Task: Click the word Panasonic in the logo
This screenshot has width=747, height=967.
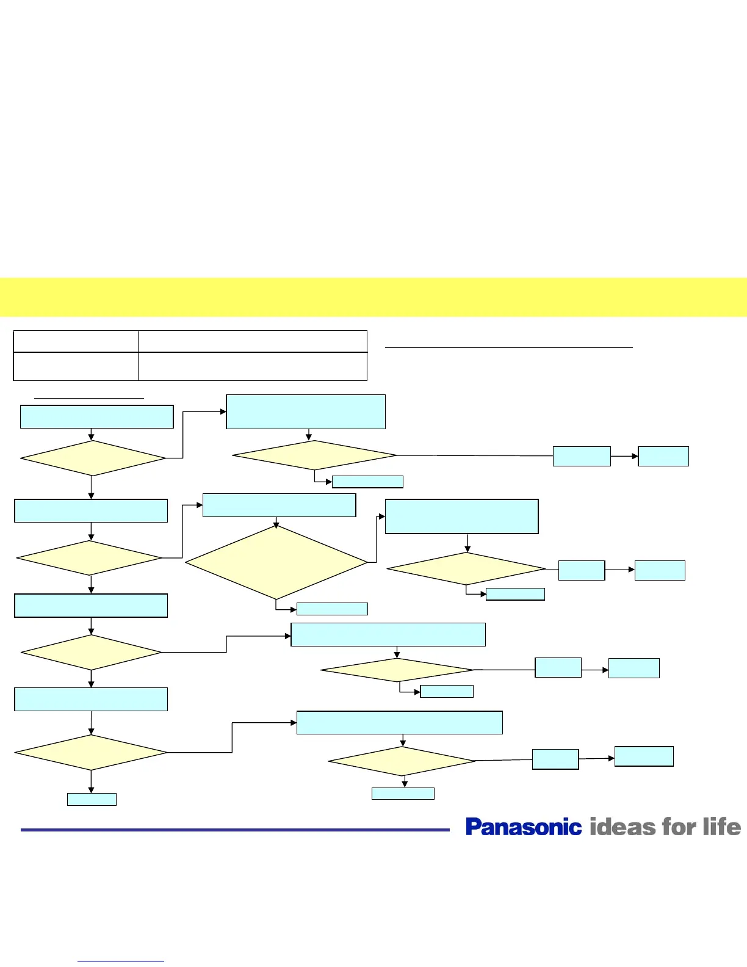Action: (x=523, y=827)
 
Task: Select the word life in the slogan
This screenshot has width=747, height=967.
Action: (x=721, y=827)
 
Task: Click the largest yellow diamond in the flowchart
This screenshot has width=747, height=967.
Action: (x=276, y=562)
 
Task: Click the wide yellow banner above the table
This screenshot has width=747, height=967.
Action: (x=374, y=297)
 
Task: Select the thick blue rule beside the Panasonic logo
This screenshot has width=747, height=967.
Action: (x=235, y=830)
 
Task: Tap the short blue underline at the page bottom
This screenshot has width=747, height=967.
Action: (x=121, y=962)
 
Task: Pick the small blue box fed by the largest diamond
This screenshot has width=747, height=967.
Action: (x=332, y=609)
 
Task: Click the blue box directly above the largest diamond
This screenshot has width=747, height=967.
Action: (x=279, y=505)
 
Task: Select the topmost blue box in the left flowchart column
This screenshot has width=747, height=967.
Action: (x=96, y=417)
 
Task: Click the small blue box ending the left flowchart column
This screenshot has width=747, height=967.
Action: (x=92, y=799)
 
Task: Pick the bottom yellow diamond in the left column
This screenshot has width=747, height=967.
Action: (x=91, y=752)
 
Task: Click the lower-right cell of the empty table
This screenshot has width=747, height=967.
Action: (x=252, y=367)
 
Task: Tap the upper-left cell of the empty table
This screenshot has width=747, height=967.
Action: (x=76, y=341)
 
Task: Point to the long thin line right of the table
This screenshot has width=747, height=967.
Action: (x=509, y=347)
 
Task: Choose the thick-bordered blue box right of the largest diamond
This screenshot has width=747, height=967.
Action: (x=461, y=516)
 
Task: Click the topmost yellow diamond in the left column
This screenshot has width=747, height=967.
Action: (x=93, y=458)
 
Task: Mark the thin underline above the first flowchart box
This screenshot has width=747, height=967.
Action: (x=89, y=398)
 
